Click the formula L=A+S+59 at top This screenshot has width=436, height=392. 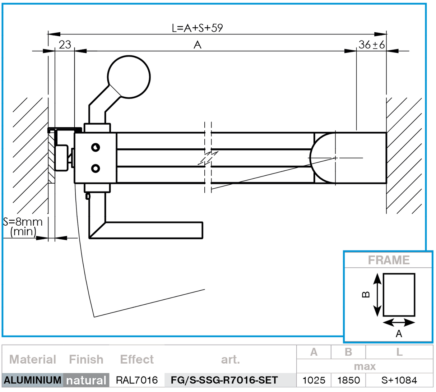pyautogui.click(x=197, y=28)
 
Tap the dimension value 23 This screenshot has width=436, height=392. pyautogui.click(x=65, y=45)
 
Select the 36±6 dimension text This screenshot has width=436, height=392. pyautogui.click(x=371, y=45)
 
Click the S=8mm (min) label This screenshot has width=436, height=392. pyautogui.click(x=23, y=226)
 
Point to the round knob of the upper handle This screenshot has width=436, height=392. pyautogui.click(x=129, y=77)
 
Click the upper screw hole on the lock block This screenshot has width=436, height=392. pyautogui.click(x=95, y=147)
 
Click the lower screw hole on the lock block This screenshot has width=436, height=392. pyautogui.click(x=95, y=168)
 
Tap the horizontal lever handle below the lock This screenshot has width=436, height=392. pyautogui.click(x=151, y=230)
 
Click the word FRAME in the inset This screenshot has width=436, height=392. pyautogui.click(x=389, y=260)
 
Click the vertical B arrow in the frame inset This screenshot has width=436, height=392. pyautogui.click(x=377, y=294)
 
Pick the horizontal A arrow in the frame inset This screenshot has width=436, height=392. pyautogui.click(x=399, y=322)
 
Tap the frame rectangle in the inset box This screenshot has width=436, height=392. pyautogui.click(x=399, y=295)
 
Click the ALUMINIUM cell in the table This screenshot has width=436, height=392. pyautogui.click(x=32, y=380)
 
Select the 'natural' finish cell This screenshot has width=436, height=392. pyautogui.click(x=86, y=380)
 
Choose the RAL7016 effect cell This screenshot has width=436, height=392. pyautogui.click(x=137, y=380)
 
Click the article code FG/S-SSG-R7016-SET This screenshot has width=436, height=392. pyautogui.click(x=224, y=380)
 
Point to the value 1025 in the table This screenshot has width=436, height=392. pyautogui.click(x=314, y=380)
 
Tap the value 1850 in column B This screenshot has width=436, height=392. pyautogui.click(x=348, y=380)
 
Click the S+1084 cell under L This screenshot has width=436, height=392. pyautogui.click(x=399, y=380)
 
